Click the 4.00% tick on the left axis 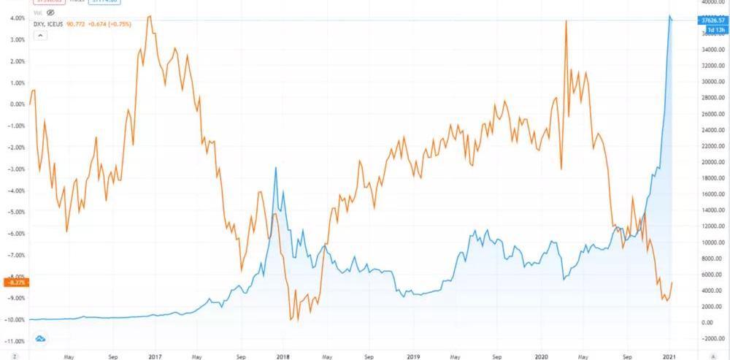pos(15,18)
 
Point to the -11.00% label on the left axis pos(15,341)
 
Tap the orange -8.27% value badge pos(15,281)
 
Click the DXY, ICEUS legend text pos(48,25)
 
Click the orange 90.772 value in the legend pos(76,25)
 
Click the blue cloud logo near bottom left pos(41,337)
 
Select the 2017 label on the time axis pos(154,357)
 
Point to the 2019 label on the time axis pos(413,357)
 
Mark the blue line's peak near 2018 pos(275,168)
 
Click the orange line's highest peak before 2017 pos(150,15)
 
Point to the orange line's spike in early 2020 pos(566,21)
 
